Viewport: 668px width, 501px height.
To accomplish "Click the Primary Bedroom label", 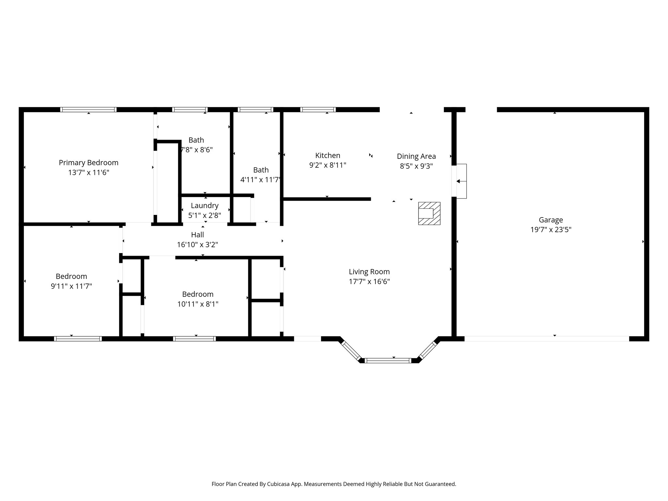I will pos(88,162).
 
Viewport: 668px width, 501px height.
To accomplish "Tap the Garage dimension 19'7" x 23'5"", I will pos(551,230).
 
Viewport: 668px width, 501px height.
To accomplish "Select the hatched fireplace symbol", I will pos(429,213).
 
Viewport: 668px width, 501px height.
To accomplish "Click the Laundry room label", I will pos(205,205).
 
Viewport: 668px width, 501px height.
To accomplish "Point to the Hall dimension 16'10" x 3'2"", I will pos(197,245).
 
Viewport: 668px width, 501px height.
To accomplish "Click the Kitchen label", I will pos(327,155).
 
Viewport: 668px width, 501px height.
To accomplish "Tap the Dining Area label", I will pos(416,156).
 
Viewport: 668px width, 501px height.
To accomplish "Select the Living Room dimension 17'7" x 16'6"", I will pos(369,281).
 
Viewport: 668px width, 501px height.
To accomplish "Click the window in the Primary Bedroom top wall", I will pos(88,110).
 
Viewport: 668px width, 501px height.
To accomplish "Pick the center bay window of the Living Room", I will pos(388,360).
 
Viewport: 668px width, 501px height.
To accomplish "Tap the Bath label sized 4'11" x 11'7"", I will pos(261,170).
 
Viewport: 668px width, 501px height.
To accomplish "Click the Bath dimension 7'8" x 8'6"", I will pos(197,150).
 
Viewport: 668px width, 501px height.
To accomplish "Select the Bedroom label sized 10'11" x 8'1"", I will pos(198,294).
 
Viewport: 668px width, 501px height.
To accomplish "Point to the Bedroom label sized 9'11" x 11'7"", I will pos(71,276).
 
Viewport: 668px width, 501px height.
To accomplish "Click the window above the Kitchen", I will pos(318,110).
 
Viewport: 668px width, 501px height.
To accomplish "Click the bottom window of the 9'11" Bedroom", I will pos(78,339).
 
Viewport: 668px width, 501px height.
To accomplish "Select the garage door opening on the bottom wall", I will pos(546,339).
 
